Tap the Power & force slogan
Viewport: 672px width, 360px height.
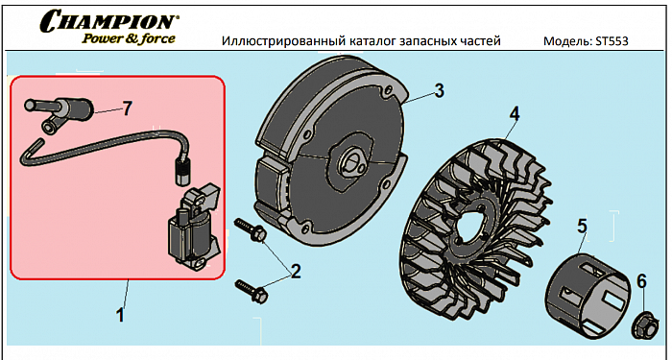(129, 38)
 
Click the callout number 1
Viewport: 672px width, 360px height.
(120, 316)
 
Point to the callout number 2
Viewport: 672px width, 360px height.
(296, 271)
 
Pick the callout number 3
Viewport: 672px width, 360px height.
(439, 91)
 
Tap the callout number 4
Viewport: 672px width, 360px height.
(514, 114)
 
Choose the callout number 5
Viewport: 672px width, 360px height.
(582, 227)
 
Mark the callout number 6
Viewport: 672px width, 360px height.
(641, 281)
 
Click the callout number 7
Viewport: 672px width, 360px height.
(127, 108)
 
